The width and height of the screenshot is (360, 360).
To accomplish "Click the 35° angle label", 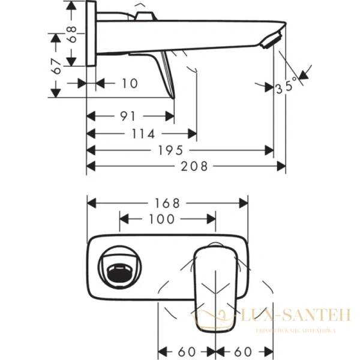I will (286, 87).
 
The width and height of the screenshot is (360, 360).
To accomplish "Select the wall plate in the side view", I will (92, 33).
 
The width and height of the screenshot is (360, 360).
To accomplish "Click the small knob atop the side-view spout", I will (143, 15).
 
